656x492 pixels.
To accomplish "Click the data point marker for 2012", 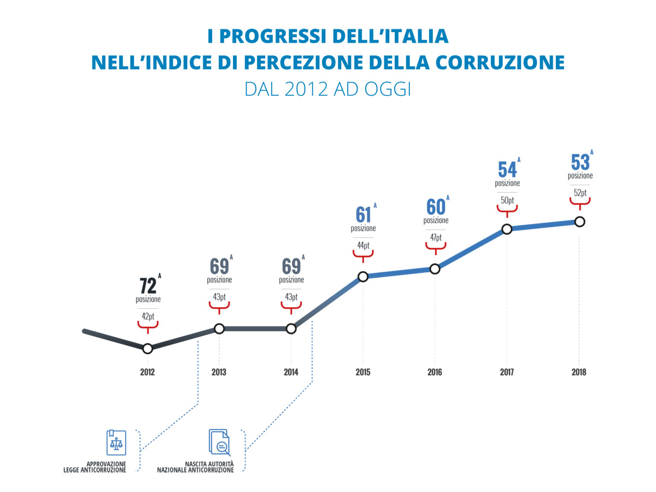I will pos(147,349).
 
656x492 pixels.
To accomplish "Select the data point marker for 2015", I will pos(362,277).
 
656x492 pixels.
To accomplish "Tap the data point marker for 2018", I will pos(579,221).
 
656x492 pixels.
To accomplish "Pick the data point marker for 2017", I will pos(507,229).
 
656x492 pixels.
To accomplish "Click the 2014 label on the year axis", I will pos(291,373).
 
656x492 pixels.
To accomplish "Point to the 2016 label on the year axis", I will pos(435,373).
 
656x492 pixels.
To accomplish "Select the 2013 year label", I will pos(219,373).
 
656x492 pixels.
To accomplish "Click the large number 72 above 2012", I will pos(148,285).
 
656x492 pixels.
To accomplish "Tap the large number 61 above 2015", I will pos(363,215).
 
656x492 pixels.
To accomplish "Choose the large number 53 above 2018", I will pos(579,162).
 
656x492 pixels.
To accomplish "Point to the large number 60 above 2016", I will pos(435,207).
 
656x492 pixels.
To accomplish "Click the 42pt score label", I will pos(148,316).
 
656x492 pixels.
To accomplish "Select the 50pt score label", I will pos(507,200).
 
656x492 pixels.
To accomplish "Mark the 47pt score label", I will pos(435,237).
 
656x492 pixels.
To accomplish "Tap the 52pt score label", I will pos(579,192).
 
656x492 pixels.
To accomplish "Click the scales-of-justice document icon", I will pos(116,442).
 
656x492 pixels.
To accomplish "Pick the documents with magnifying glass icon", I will pos(219,442).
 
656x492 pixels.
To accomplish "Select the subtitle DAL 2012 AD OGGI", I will pos(327,89).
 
